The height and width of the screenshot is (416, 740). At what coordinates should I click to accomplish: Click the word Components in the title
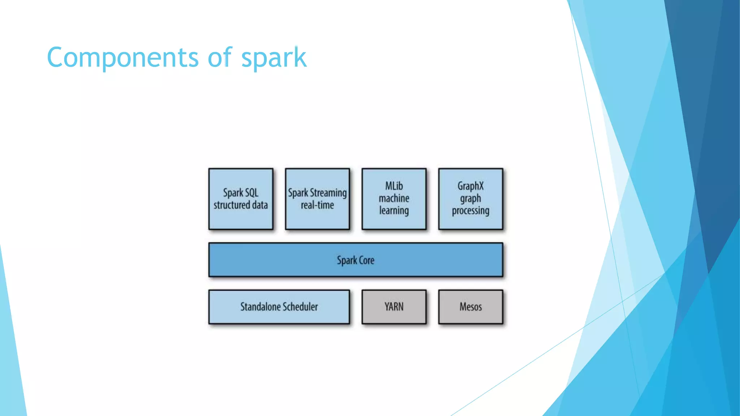pos(122,58)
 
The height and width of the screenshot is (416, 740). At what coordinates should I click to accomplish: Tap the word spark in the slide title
pos(274,58)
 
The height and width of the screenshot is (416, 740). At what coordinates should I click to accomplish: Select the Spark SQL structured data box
pos(241,199)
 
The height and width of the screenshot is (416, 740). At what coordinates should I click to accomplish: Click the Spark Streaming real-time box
pos(317,199)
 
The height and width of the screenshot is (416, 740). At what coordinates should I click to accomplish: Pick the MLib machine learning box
pos(394,199)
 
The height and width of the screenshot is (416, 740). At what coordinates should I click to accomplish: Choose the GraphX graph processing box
pos(470,199)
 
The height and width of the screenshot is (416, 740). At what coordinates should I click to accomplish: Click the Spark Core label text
pos(356,260)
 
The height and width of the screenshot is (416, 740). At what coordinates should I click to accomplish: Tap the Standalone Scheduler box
pos(279,307)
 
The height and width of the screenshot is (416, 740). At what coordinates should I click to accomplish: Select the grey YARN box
pos(394,307)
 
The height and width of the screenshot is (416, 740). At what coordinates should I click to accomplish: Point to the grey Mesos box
pos(470,307)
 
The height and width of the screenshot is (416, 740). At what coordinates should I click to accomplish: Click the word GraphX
pos(470,186)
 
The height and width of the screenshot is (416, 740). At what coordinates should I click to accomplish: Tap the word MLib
pos(394,186)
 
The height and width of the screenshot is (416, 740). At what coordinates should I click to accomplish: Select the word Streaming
pos(328,193)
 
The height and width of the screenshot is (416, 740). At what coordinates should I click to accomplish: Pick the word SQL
pos(251,193)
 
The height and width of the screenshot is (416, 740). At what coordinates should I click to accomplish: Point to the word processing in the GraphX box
pos(470,211)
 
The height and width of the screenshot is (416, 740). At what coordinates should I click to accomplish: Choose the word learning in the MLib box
pos(394,211)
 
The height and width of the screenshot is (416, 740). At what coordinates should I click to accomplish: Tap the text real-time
pos(317,205)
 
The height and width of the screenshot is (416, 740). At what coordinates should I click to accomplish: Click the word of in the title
pos(220,58)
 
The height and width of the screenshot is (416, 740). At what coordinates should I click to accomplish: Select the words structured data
pos(241,205)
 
